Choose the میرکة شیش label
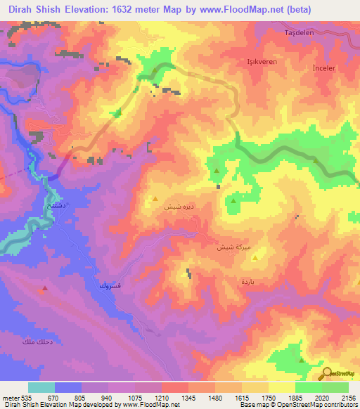click(x=233, y=247)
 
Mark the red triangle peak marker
click(x=45, y=288)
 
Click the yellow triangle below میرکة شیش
click(x=255, y=257)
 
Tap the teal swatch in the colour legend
click(x=41, y=387)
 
